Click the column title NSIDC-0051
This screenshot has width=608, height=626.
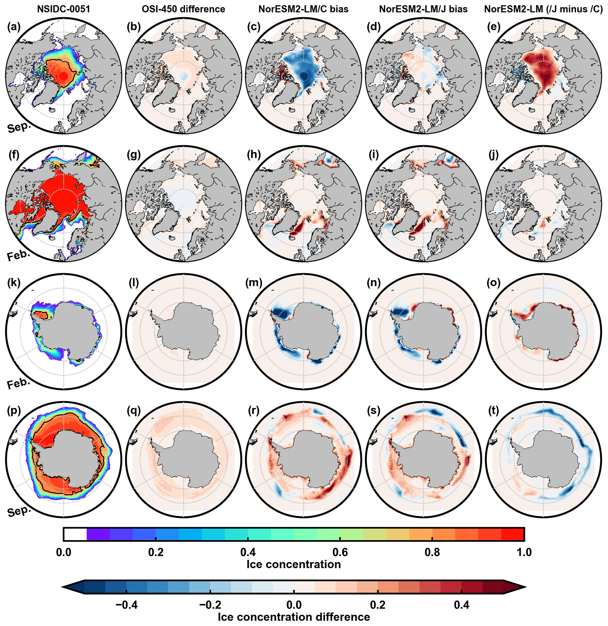(x=64, y=9)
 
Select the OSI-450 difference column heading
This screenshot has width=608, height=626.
(x=183, y=9)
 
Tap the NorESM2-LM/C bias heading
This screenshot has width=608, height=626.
(x=303, y=9)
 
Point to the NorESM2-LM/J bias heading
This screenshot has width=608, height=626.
(x=423, y=9)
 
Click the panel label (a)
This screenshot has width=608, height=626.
(x=14, y=27)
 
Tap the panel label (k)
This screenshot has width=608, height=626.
(x=14, y=283)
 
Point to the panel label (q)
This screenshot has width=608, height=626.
(x=134, y=410)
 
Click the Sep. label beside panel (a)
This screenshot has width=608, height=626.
(x=19, y=128)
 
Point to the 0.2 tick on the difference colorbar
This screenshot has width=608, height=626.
(x=377, y=605)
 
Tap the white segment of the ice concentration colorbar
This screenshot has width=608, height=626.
(x=75, y=534)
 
